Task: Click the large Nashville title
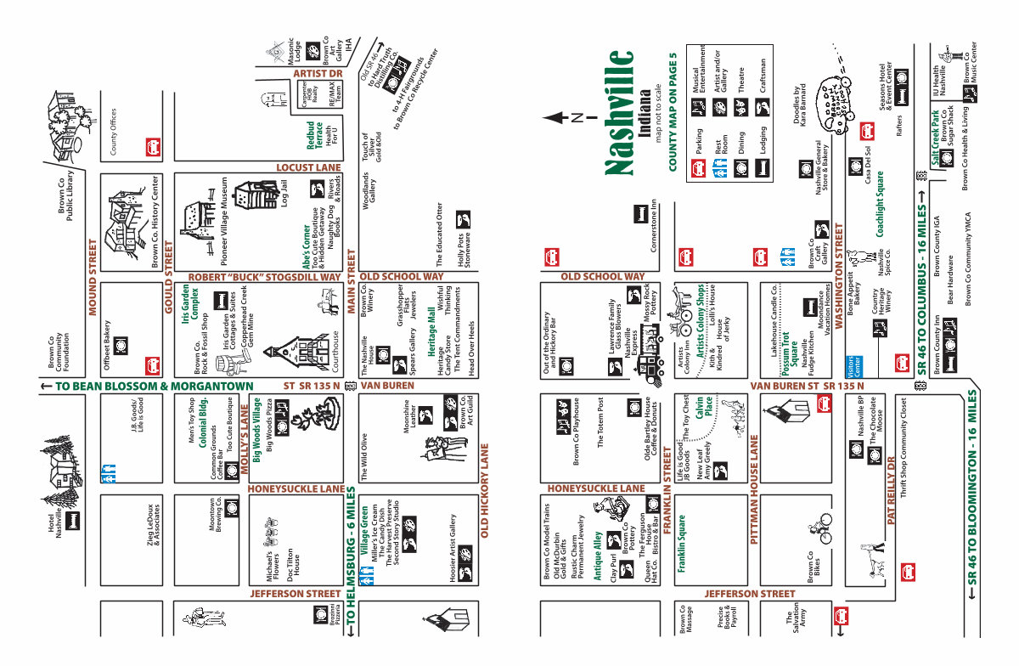click(621, 113)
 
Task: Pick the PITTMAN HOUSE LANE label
click(753, 489)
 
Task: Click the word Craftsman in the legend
click(763, 75)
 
